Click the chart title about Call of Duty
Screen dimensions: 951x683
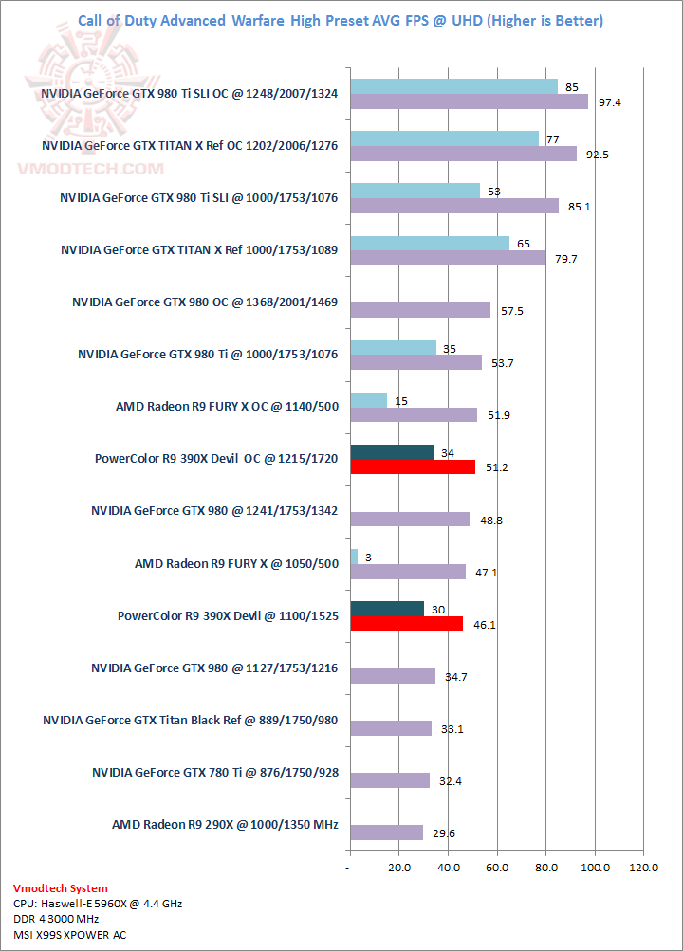coord(341,21)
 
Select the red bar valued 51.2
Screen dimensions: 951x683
coord(413,466)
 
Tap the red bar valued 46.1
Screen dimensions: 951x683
coord(406,623)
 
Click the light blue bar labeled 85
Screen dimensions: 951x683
coord(453,87)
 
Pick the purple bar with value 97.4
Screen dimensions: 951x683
coord(469,101)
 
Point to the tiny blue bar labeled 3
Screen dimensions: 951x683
coord(354,557)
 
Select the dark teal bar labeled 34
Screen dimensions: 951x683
coord(392,452)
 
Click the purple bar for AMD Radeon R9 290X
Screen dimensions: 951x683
coord(386,832)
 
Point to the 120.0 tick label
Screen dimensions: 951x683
coord(644,867)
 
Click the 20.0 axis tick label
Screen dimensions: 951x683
coord(399,867)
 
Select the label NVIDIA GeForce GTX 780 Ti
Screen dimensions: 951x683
coord(214,772)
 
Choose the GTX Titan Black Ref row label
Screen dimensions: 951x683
coord(190,720)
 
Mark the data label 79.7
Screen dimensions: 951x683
coord(563,258)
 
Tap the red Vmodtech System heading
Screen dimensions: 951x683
coord(61,888)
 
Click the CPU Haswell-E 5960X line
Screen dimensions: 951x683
coord(98,904)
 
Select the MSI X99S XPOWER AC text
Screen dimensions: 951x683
coord(69,935)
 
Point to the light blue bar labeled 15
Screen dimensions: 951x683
coord(369,400)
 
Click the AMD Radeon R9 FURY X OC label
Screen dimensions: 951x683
coord(227,407)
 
